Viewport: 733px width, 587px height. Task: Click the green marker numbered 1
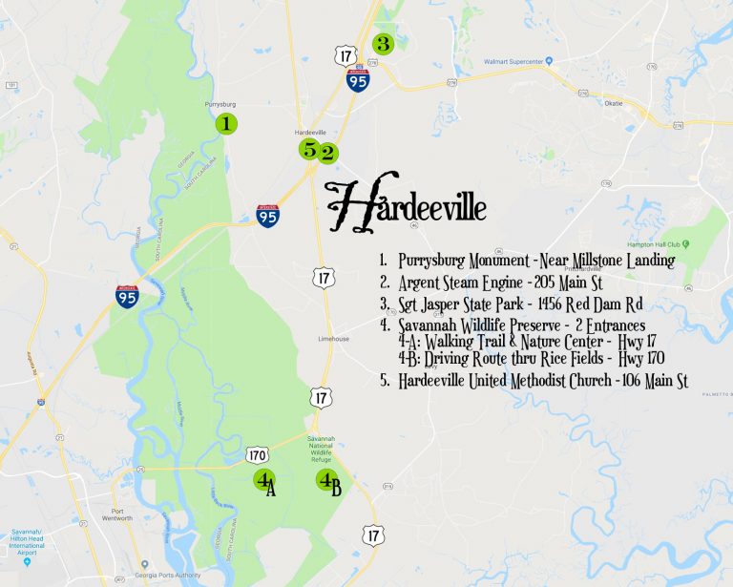point(226,124)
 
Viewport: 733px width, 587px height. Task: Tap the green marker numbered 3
point(382,43)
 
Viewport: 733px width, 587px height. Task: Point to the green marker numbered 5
point(308,149)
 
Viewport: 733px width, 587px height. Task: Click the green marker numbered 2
point(327,151)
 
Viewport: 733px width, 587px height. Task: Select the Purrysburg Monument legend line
point(526,261)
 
